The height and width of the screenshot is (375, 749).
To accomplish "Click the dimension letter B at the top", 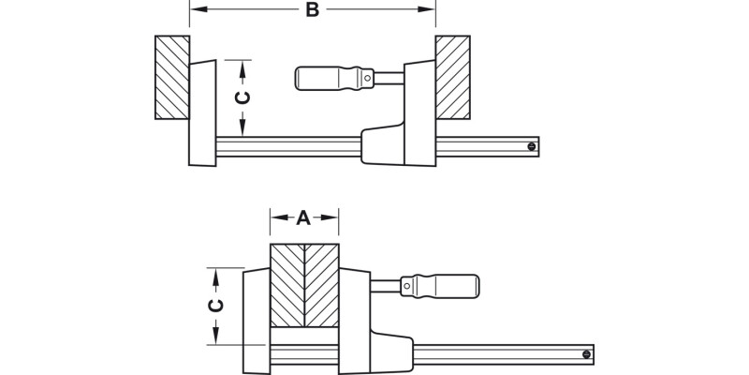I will [313, 10].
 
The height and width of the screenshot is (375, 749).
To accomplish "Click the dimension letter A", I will [303, 218].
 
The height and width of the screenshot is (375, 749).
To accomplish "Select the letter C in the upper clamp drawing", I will [242, 98].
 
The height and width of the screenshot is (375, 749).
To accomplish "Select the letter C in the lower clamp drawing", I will [216, 307].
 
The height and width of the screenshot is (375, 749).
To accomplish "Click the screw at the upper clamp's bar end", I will [531, 146].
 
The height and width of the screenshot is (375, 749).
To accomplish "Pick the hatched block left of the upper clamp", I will [172, 77].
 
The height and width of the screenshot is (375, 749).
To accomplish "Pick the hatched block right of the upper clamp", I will [452, 77].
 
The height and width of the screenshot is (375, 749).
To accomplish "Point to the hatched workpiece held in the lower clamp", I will [304, 285].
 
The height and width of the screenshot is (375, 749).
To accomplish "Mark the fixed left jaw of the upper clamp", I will [202, 113].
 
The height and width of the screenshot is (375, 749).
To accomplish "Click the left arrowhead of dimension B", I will [194, 10].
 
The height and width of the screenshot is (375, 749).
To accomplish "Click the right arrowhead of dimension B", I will [432, 10].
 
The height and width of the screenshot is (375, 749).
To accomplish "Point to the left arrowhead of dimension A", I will [275, 218].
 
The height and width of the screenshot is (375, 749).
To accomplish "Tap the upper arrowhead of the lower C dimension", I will [216, 273].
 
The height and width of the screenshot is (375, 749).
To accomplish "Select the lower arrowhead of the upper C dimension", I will [242, 131].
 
